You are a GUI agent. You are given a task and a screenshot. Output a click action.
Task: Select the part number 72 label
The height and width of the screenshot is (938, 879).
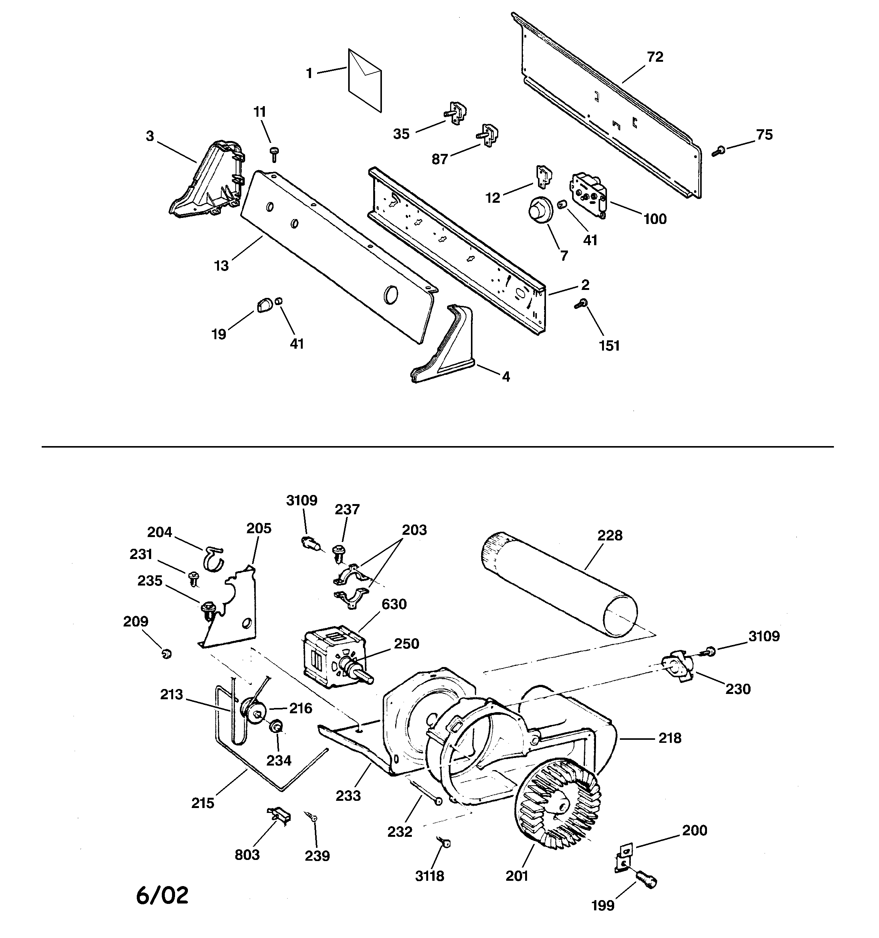[x=655, y=57]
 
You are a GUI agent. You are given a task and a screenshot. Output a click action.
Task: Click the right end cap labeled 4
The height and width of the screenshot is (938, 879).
[x=446, y=347]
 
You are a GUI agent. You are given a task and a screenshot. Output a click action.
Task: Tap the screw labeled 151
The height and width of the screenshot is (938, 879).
[x=581, y=304]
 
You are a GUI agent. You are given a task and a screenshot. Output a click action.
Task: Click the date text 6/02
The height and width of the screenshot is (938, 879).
[x=162, y=895]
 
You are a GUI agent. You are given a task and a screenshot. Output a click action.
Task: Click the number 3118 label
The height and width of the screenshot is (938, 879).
[x=429, y=876]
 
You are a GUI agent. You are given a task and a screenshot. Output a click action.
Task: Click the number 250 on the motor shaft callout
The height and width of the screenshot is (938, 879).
[x=406, y=644]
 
